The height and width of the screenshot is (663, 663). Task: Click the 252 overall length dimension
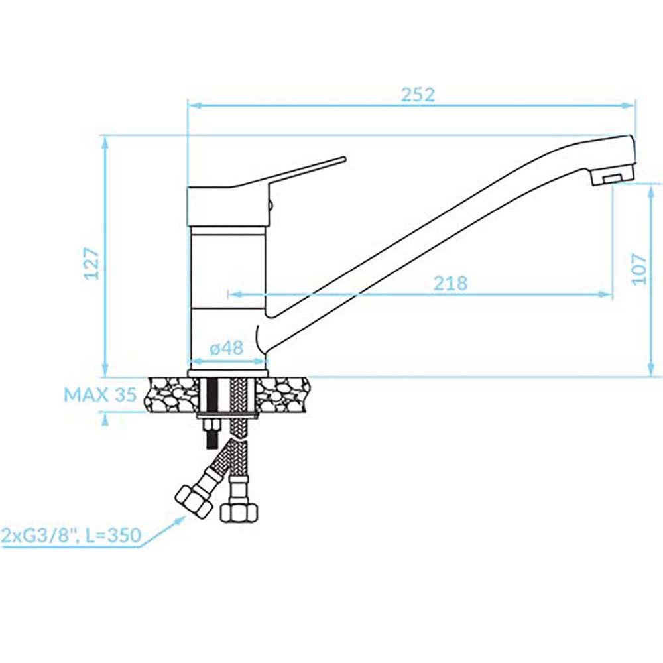(418, 95)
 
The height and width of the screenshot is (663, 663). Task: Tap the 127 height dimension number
(91, 264)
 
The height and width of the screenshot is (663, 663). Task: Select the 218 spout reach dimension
(450, 283)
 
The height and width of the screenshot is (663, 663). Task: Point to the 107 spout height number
(639, 269)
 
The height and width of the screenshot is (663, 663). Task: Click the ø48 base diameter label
(227, 348)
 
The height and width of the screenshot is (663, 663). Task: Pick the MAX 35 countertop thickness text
(100, 395)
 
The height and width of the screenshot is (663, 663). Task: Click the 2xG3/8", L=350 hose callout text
(71, 535)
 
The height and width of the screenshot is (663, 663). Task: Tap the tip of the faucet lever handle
(344, 159)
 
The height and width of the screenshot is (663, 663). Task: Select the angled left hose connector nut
(193, 501)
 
